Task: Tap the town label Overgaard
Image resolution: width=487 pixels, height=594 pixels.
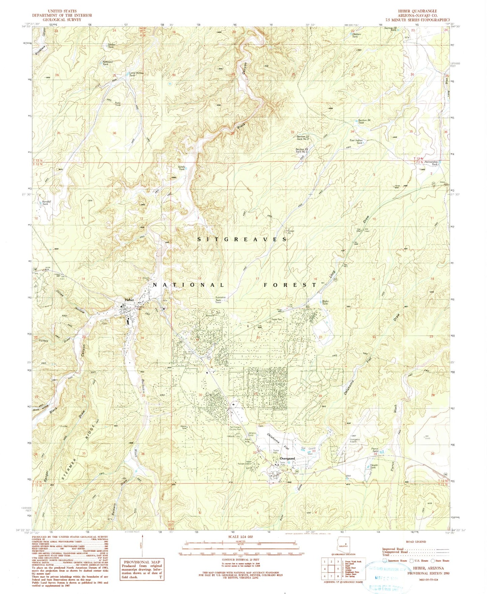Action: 287,458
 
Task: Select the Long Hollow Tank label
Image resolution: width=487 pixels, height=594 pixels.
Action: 136,74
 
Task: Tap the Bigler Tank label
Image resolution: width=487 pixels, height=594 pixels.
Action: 325,302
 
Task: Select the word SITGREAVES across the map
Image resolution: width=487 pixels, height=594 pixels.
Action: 242,239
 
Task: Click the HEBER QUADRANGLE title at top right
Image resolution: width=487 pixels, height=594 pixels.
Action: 417,11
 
